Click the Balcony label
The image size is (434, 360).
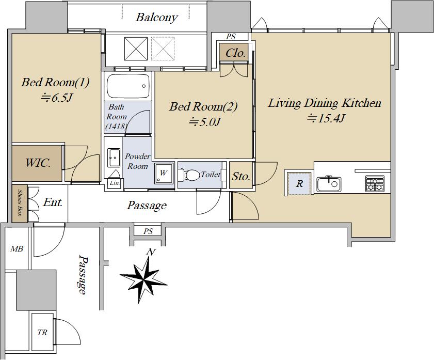coord(156,18)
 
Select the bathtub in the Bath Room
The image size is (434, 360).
coord(128,86)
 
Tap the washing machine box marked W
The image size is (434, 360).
coord(163,174)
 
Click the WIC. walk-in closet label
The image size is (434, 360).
coord(38,164)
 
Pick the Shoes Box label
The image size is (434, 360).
coord(20,204)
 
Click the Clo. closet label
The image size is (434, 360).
coord(235,53)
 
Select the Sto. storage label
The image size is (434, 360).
coord(240,177)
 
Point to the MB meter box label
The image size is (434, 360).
coord(17,249)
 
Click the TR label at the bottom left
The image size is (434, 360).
coord(42,333)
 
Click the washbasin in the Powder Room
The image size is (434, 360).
coord(113,157)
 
